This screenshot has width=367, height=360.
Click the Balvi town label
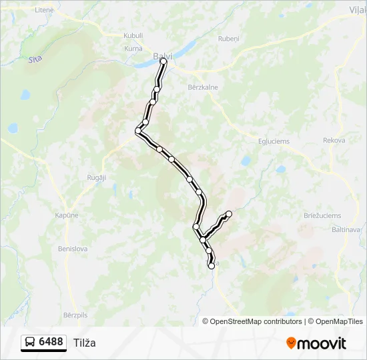[163, 56]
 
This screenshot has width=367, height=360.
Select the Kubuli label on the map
[133, 36]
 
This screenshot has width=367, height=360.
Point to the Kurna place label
[133, 48]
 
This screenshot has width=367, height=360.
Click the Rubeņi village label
[228, 39]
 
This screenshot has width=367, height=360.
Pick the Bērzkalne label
[203, 87]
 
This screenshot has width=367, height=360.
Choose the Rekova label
[334, 141]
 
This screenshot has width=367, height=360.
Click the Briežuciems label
[322, 215]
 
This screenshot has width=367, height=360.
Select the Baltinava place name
[346, 229]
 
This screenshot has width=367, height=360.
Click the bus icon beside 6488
[31, 343]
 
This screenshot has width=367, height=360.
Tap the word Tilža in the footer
[85, 343]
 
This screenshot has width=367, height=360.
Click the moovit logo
[316, 343]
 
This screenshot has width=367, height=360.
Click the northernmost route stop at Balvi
[163, 61]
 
